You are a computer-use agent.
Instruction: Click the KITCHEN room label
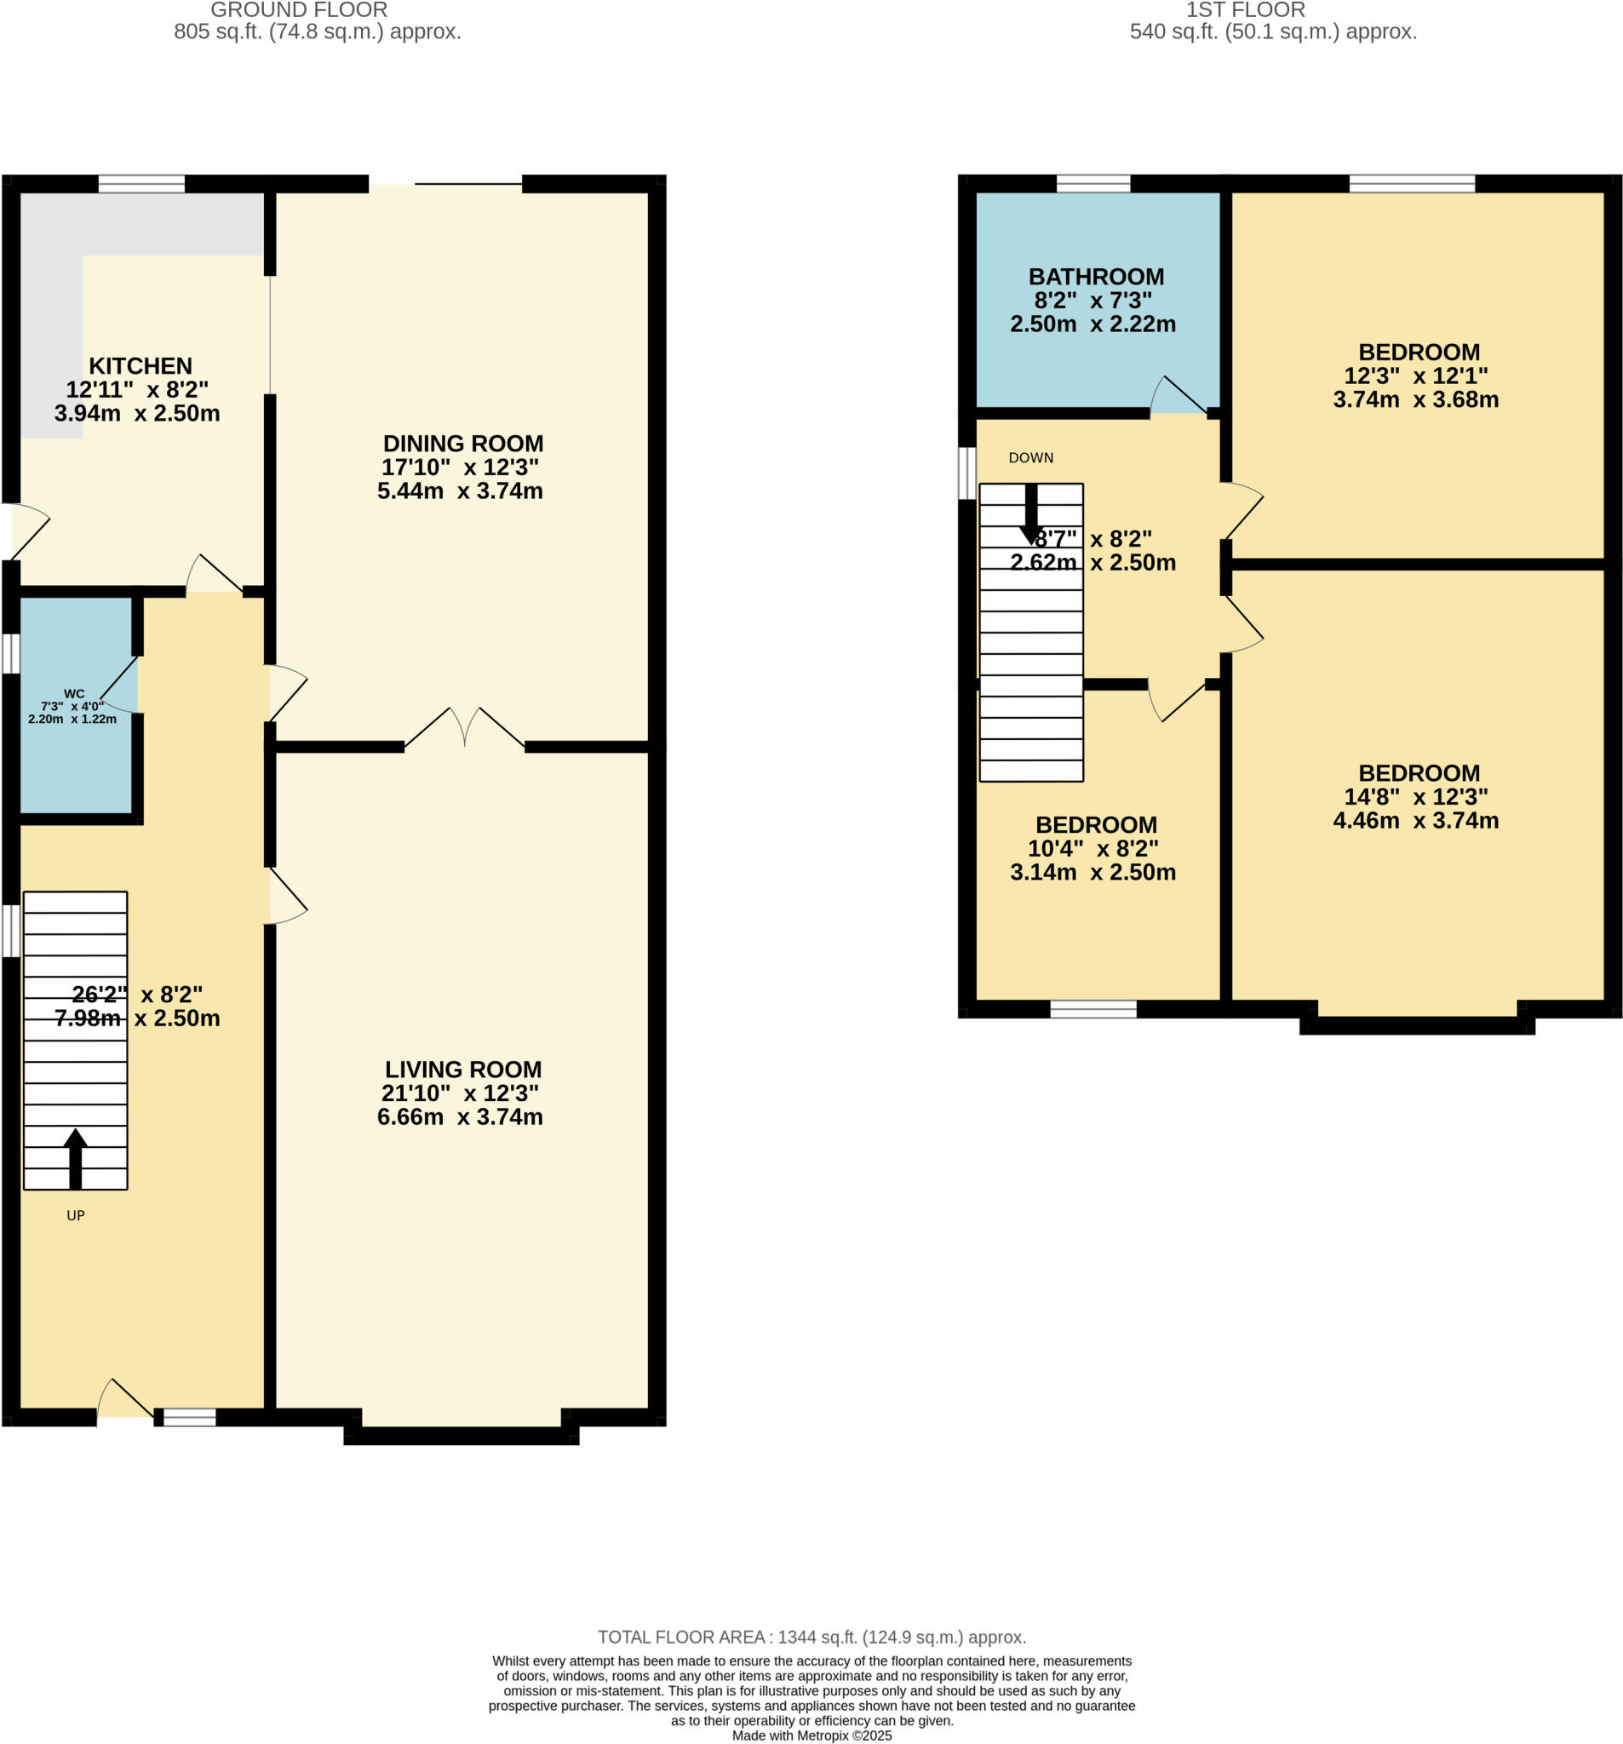click(141, 366)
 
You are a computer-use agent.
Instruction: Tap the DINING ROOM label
click(462, 444)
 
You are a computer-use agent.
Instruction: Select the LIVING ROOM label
click(462, 1070)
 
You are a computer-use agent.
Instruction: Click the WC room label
click(75, 694)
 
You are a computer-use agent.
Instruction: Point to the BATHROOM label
click(1096, 278)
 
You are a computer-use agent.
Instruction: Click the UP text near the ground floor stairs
click(76, 1216)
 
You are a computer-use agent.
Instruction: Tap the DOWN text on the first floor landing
click(1030, 458)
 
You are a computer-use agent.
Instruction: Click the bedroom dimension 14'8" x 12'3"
click(1415, 796)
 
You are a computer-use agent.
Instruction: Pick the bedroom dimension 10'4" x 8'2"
click(1093, 848)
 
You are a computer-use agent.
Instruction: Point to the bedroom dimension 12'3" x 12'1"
click(1415, 376)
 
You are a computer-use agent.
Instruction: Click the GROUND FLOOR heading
click(298, 10)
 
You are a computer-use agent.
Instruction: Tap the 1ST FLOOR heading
click(1245, 10)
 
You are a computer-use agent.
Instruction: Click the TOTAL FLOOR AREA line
click(811, 1637)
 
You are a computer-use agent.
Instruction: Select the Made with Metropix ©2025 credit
click(811, 1735)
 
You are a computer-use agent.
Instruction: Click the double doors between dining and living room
click(464, 728)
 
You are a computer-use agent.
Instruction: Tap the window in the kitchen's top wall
click(141, 183)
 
